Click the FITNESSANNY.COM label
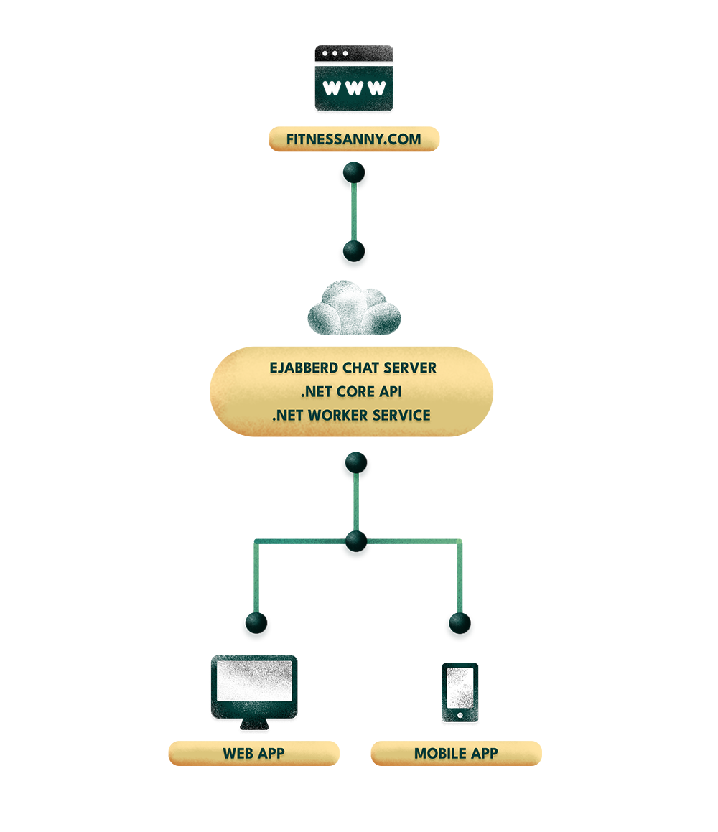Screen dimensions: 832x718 354,139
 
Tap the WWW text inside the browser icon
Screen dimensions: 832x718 355,88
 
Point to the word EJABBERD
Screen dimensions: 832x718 299,368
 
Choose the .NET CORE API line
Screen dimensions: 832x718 351,392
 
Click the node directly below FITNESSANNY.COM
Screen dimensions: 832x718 354,171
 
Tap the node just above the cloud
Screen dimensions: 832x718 353,250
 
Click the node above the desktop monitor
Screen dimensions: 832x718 256,621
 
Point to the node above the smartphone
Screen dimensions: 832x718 458,622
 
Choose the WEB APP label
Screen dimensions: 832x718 254,753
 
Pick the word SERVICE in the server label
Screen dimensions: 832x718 404,416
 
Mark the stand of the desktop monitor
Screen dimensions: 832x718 254,720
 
